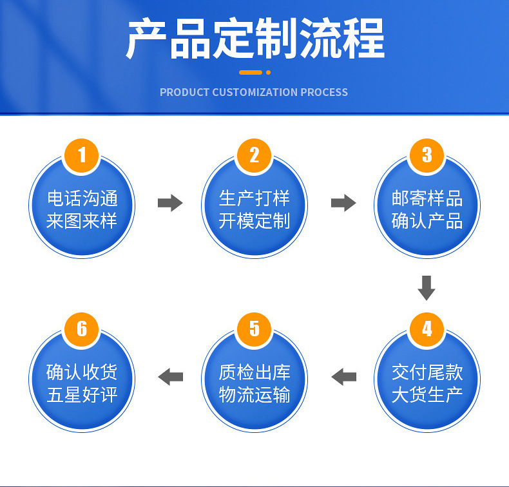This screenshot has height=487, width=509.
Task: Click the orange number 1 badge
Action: coord(82,155)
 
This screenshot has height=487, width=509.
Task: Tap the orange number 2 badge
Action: coord(254,155)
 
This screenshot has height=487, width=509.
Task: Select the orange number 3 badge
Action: coord(427,155)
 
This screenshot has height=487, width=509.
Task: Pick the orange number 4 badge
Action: coord(427,329)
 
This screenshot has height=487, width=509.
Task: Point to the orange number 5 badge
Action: coord(254,329)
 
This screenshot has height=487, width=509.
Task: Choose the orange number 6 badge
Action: coord(82,329)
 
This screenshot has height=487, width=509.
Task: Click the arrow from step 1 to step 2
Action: coord(170,204)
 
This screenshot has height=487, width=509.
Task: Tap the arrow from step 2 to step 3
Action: coord(343,204)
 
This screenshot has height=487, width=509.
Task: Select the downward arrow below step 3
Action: coord(427,288)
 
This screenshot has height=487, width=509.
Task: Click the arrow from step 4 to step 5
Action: coord(343,377)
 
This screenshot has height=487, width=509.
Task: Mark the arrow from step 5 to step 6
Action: coord(170,377)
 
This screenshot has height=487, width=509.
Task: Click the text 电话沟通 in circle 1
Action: coord(82,198)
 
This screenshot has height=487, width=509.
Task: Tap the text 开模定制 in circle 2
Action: coord(254,221)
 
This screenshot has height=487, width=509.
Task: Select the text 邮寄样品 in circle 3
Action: coord(427,198)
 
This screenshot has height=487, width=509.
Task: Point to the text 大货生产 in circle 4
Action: coord(427,395)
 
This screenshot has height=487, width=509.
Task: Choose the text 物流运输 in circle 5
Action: coord(254,395)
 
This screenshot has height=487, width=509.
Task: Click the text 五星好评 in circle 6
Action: coord(82,395)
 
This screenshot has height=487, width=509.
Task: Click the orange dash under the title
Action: coord(251,72)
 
